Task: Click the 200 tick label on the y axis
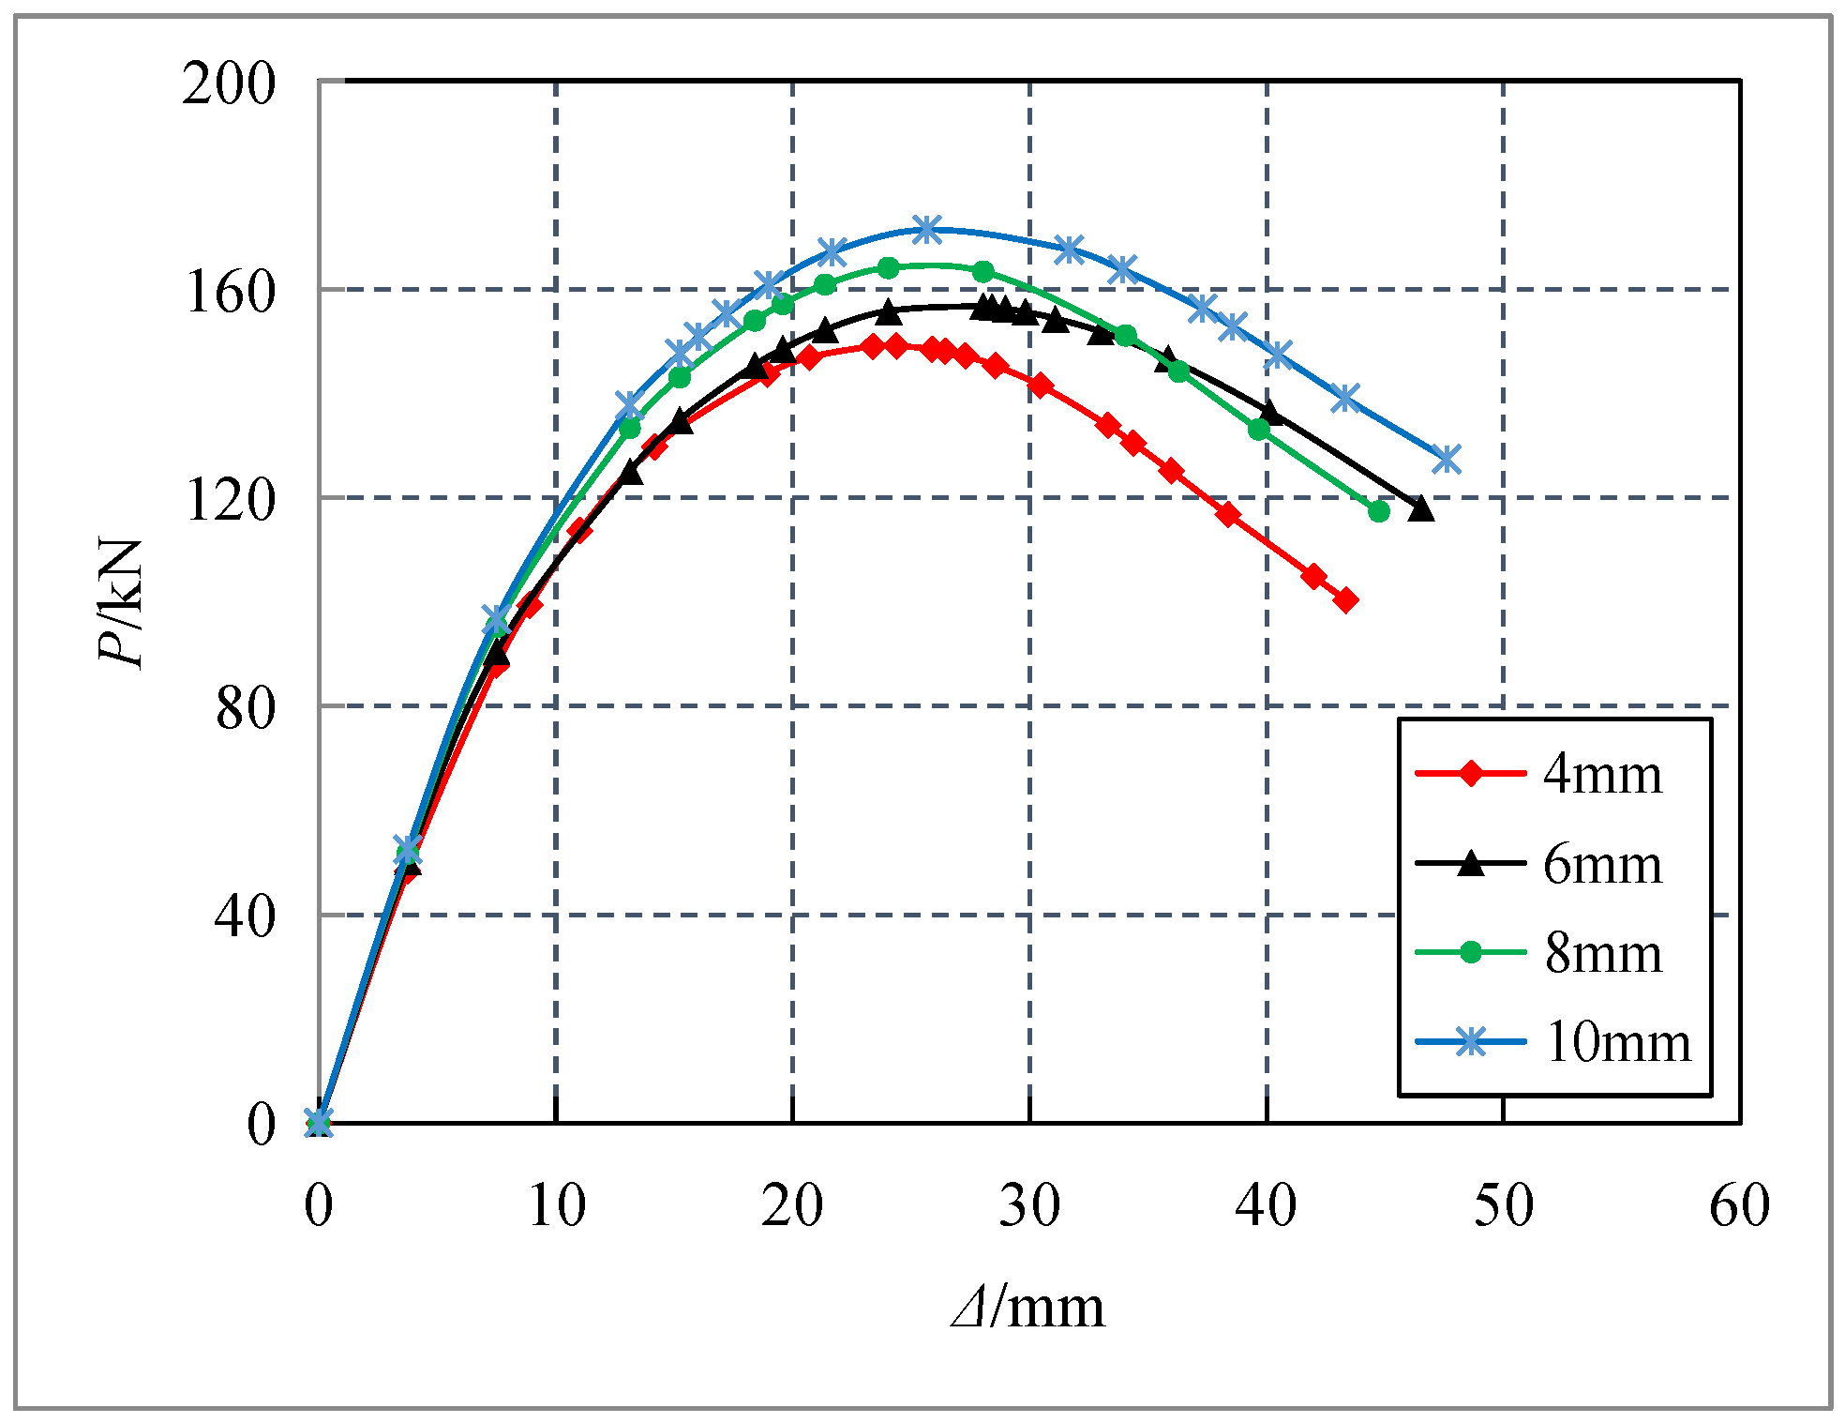point(229,83)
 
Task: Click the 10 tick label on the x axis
point(556,1205)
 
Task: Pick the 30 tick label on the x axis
point(1029,1205)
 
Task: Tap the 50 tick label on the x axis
point(1503,1205)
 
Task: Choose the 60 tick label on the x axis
point(1740,1205)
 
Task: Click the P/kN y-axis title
point(122,602)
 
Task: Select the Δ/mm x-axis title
point(1028,1307)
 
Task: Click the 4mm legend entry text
point(1602,775)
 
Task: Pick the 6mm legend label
point(1602,864)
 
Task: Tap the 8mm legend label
point(1602,954)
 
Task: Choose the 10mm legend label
point(1617,1042)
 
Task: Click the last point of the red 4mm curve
point(1346,600)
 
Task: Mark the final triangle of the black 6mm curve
point(1421,508)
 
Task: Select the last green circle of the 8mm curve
point(1378,511)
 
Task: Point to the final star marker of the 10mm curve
point(1447,460)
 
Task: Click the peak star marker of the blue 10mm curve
point(926,229)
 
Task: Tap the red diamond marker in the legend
point(1471,774)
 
